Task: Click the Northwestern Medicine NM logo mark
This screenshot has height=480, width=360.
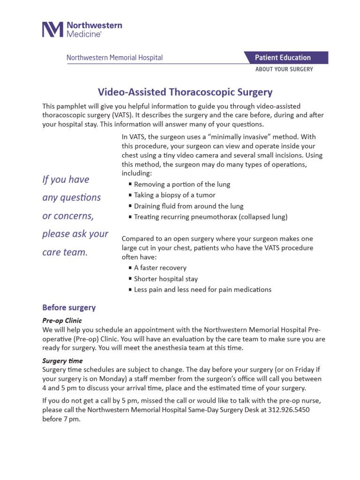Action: [52, 29]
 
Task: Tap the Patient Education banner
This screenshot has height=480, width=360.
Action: [282, 58]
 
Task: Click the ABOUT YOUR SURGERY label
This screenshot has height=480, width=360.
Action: [284, 69]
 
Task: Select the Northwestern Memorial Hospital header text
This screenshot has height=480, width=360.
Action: [114, 58]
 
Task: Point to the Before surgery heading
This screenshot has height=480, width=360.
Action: [69, 307]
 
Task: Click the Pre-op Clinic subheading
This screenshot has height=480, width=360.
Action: [62, 321]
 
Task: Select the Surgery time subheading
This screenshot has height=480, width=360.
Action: [62, 361]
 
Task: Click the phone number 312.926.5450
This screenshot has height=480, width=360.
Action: [289, 409]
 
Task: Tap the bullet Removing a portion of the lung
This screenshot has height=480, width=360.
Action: [182, 184]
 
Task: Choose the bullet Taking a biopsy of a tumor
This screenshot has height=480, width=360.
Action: [174, 195]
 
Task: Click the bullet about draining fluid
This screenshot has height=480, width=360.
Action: [182, 206]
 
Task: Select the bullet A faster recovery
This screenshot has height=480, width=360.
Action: [160, 268]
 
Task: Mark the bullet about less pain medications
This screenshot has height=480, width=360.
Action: [202, 290]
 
